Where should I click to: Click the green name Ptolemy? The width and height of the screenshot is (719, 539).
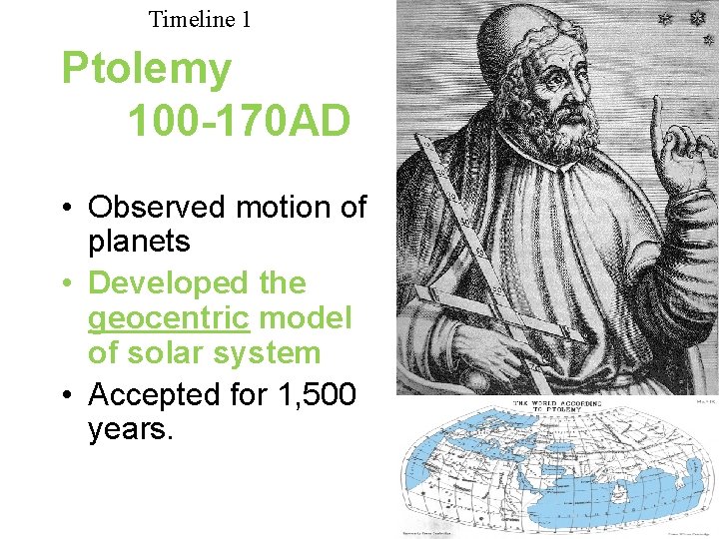[x=146, y=69]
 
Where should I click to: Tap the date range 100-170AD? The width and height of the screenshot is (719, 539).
[x=239, y=121]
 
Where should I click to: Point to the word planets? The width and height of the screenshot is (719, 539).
[x=140, y=242]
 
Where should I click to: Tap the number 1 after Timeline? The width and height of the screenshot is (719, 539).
[x=246, y=18]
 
